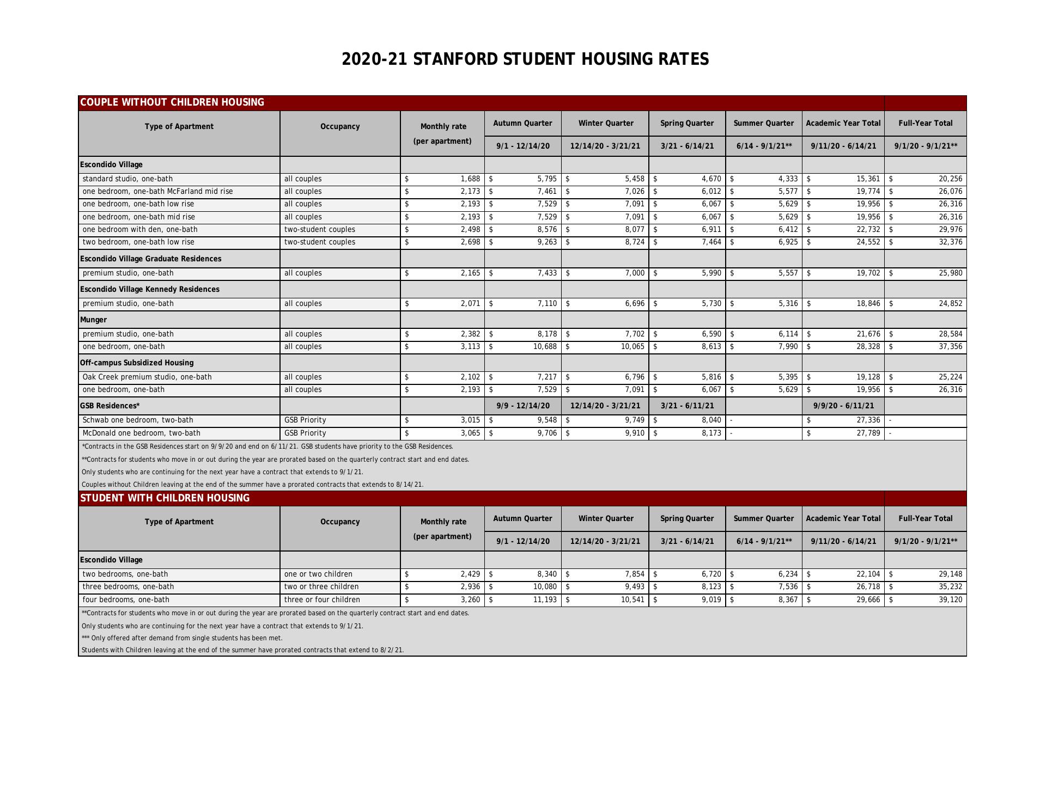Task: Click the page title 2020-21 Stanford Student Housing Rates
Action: click(x=525, y=59)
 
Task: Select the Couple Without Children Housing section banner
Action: click(x=172, y=102)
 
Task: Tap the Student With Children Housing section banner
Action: click(x=165, y=498)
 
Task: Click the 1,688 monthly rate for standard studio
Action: click(x=470, y=179)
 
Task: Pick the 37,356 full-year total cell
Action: click(x=950, y=347)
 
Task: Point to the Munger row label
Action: click(x=94, y=320)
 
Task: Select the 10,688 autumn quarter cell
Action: click(x=545, y=347)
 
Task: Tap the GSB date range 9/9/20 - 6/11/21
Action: click(x=843, y=406)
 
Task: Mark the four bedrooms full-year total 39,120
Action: click(x=950, y=600)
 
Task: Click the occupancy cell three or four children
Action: click(x=322, y=600)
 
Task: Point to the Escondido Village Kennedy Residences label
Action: click(x=150, y=290)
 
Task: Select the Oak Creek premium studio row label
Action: click(x=147, y=377)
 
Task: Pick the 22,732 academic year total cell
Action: click(x=868, y=230)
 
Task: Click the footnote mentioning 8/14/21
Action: click(x=252, y=485)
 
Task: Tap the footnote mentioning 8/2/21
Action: click(x=242, y=650)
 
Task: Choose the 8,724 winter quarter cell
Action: click(x=634, y=242)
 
